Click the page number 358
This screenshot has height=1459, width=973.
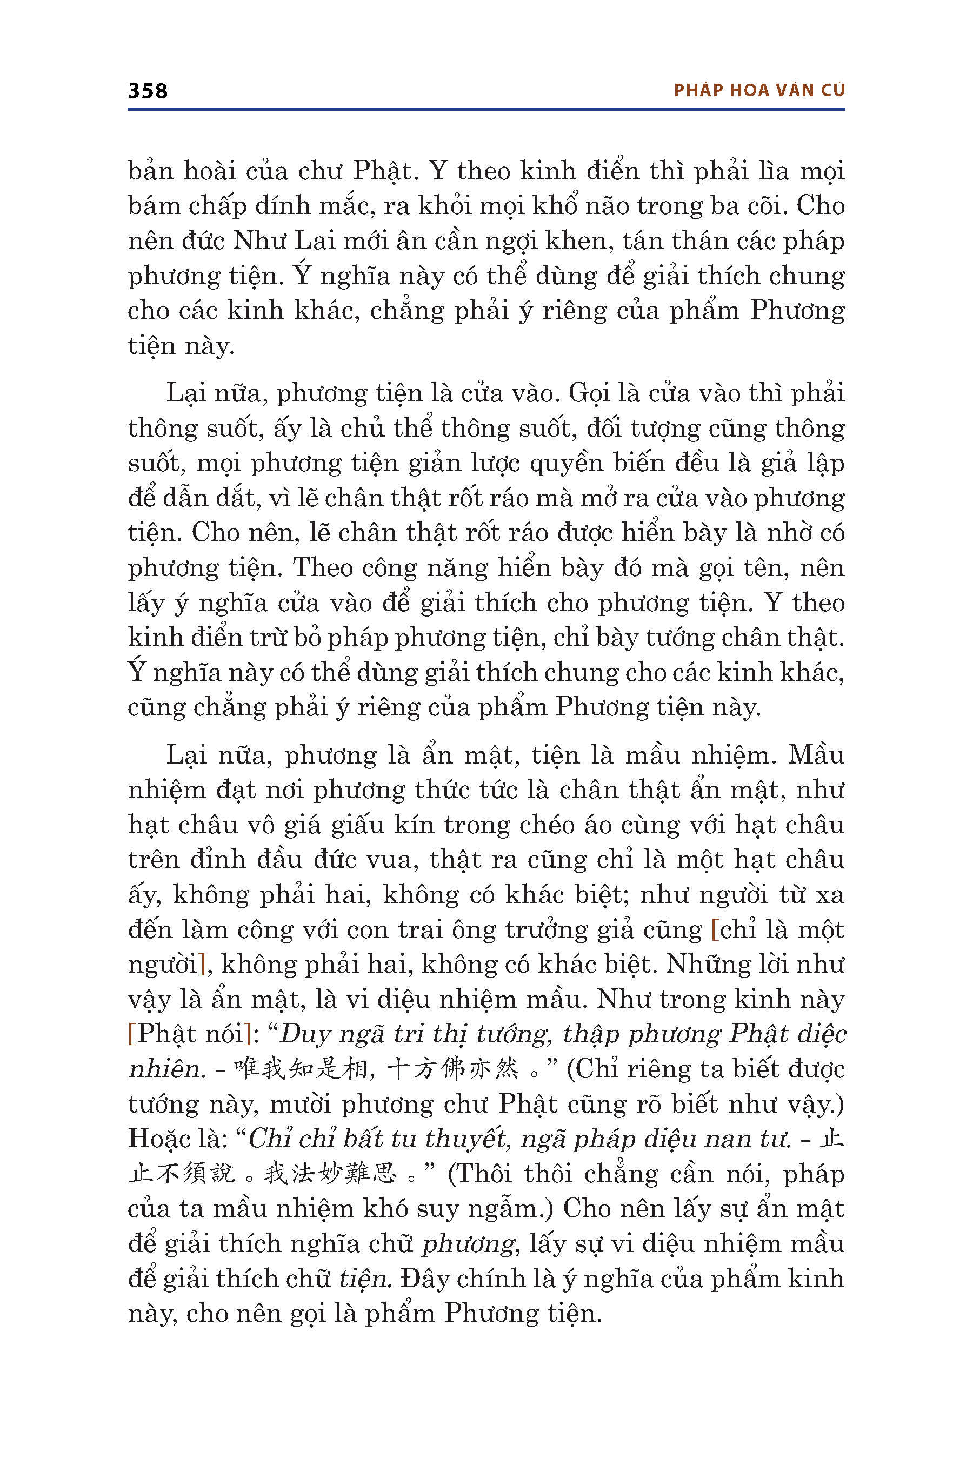pos(148,91)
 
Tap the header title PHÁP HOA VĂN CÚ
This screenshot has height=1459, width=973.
pos(759,91)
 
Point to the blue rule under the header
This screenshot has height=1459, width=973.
pos(486,110)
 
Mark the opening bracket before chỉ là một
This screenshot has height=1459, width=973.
pos(715,930)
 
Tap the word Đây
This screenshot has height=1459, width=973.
pos(423,1279)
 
